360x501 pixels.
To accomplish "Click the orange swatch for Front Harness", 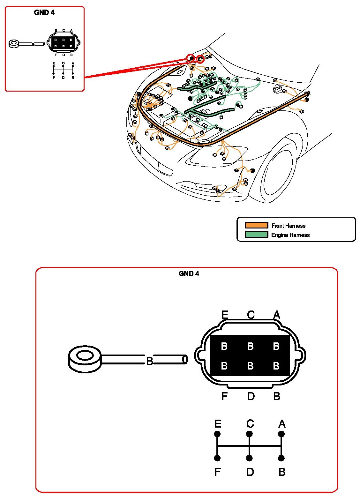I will pos(256,225).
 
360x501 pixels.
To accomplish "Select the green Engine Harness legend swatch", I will pos(256,235).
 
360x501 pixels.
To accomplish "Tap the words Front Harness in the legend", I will pos(288,226).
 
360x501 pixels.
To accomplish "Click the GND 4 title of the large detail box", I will pos(189,273).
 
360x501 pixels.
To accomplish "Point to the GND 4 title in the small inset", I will pos(44,12).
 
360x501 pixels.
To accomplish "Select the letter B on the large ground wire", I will pos(149,361).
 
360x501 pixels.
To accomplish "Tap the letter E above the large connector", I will pos(225,315).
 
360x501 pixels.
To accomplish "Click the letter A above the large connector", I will pos(277,315).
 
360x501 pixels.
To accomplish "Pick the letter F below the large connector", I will pos(224,396).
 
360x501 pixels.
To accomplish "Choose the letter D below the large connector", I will pos(251,396).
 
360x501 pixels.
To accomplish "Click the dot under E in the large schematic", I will pos(217,434).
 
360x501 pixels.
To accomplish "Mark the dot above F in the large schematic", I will pos(217,458).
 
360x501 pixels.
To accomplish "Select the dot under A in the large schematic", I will pos(281,434).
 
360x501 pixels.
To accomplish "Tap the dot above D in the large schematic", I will pos(250,458).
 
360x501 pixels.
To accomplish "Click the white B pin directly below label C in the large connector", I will pos(250,346).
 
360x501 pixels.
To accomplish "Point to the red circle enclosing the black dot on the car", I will pos(191,58).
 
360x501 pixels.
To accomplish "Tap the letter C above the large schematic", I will pos(250,424).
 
